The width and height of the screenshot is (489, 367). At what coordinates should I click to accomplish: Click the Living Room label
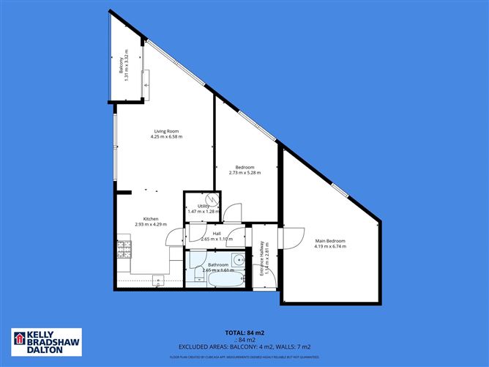166,131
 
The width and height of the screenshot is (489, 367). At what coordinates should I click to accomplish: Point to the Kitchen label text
151,218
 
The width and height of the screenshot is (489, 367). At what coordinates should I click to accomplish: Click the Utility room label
204,206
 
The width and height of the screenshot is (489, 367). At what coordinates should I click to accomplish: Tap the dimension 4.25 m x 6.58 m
166,137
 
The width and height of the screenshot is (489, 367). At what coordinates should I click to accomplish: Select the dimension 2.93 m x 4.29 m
151,224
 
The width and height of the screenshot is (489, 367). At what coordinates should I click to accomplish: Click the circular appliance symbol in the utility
212,199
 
